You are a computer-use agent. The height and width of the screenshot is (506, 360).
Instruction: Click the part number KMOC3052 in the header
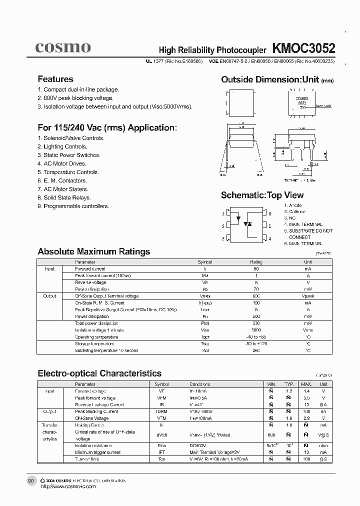pos(303,48)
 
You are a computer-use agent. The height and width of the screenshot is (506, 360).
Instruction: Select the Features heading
pos(55,79)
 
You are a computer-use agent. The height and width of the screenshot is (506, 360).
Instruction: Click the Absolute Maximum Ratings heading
pos(94,251)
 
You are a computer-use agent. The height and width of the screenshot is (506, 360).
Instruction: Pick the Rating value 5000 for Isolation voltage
pos(255,330)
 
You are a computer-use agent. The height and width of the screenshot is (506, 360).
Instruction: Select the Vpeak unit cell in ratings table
pos(308,296)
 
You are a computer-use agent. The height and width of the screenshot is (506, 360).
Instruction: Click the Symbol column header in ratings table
pos(205,262)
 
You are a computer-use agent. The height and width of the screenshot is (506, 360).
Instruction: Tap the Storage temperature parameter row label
pos(94,343)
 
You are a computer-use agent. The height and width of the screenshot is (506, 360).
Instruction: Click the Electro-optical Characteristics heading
pos(99,373)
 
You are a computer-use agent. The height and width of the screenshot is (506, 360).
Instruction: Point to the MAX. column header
pos(306,384)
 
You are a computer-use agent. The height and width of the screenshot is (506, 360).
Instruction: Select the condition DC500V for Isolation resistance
pos(198,445)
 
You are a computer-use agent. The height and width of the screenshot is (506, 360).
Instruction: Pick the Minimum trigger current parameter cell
pos(98,452)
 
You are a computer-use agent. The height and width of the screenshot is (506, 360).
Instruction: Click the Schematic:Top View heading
pos(262,195)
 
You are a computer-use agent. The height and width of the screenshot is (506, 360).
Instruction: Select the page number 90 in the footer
pos(31,480)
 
